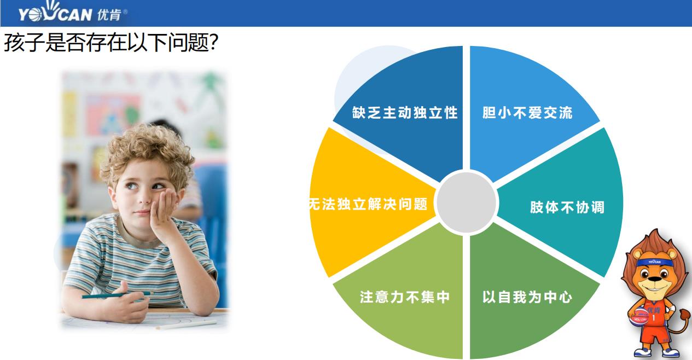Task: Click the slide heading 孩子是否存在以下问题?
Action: click(x=112, y=43)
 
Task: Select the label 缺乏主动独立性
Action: click(x=404, y=113)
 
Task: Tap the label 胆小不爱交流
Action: click(x=527, y=113)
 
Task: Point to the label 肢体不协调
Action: click(x=567, y=207)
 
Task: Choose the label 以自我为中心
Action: click(x=527, y=297)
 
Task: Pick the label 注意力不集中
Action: click(x=405, y=297)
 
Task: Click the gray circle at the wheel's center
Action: click(x=467, y=202)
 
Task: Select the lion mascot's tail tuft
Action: click(x=684, y=315)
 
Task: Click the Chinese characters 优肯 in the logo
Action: click(x=108, y=13)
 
